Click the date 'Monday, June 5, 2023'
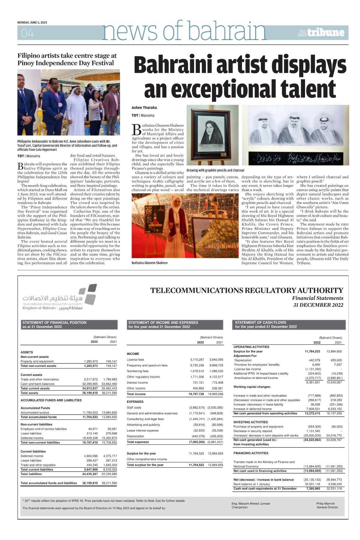(32, 22)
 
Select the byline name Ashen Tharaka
(144, 108)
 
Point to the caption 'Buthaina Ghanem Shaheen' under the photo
(150, 263)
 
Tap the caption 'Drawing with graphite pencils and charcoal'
(215, 170)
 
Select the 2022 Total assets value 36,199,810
(90, 393)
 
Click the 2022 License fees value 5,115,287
(197, 359)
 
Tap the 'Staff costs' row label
(134, 408)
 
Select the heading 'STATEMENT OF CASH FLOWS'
(260, 322)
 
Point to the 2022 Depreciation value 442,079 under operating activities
(314, 360)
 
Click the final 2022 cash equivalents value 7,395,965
(313, 489)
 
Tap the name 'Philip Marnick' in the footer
(325, 504)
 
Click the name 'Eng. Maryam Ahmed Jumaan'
(251, 504)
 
